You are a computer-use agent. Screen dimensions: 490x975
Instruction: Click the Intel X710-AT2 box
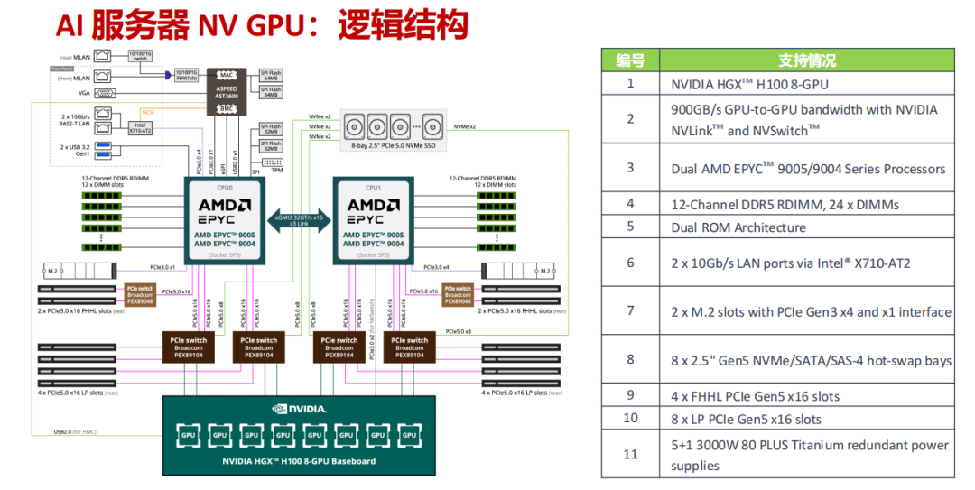coord(139,128)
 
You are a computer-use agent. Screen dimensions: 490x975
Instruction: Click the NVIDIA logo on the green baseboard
coord(298,408)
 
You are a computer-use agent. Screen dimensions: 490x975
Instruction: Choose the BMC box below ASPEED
coord(227,108)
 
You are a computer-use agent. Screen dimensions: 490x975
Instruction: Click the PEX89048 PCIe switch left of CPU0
coord(141,294)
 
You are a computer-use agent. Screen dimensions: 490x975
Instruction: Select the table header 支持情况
coord(806,60)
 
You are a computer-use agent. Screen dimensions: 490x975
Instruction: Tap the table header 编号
coord(630,60)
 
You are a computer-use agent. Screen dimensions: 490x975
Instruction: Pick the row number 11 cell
coord(630,454)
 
